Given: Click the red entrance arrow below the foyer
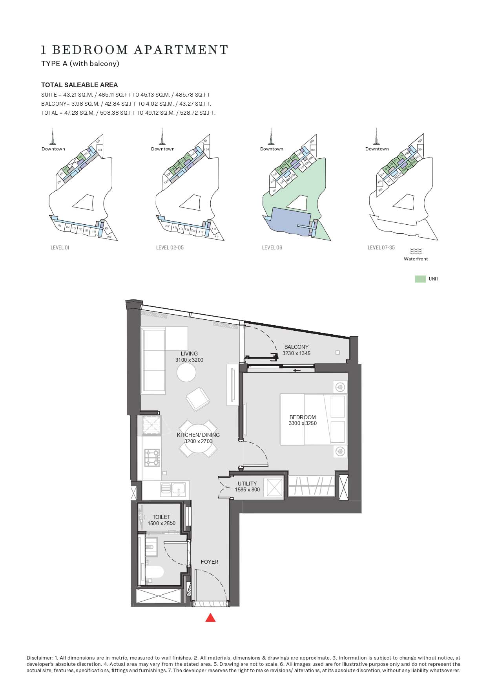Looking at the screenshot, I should pos(211,618).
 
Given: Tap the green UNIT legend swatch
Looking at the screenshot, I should pos(420,279).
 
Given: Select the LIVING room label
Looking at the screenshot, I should pos(189,354).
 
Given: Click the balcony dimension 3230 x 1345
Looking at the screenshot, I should pos(296,353).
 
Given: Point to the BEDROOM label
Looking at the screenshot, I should pos(303,417).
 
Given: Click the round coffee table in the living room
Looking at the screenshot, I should pos(186,372).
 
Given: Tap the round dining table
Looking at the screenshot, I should pos(198,438).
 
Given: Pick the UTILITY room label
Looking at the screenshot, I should pos(247,484).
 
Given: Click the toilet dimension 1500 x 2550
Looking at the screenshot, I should pos(161,523).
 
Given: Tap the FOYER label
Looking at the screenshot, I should pos(210,562).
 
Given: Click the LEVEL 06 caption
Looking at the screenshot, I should pos(272,248).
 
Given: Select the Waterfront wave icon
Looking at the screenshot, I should pos(416,251).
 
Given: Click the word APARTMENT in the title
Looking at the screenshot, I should pos(181,50).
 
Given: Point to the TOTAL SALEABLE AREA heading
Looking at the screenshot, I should pos(80,85).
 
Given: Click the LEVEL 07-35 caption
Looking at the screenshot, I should pos(381,248).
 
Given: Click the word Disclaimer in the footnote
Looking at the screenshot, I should pos(40,658).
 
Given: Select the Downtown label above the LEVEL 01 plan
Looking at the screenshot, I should pos(53,149).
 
